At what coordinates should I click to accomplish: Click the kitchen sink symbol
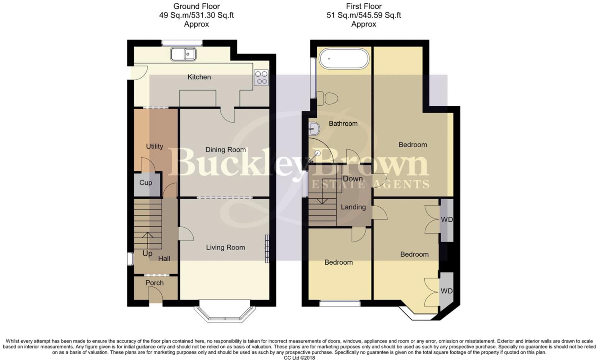coord(183,54)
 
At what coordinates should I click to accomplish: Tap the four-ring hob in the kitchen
coord(262,78)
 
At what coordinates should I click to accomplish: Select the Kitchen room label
coord(199,77)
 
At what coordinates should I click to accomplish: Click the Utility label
coord(154,146)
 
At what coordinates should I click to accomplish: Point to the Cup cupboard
coord(146,183)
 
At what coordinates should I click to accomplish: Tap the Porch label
coord(154,283)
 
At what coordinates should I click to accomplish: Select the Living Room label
coord(225,247)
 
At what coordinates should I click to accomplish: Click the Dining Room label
coord(225,149)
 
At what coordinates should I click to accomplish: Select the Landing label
coord(353,207)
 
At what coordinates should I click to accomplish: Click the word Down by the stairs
coord(352,179)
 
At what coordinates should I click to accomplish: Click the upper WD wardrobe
coord(447,220)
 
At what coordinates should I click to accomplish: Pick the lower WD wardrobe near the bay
coord(446,291)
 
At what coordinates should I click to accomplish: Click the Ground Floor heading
coord(197,6)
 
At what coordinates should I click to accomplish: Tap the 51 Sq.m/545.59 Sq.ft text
coord(364,15)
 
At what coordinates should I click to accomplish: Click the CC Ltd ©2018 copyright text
coord(299,357)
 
